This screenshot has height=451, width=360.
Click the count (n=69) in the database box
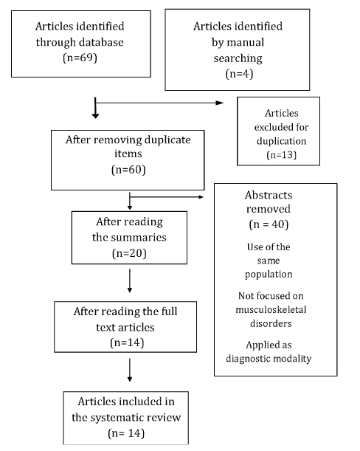(x=80, y=58)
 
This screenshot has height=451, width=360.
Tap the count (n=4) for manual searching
(x=239, y=74)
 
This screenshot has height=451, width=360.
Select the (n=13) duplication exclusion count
(x=281, y=155)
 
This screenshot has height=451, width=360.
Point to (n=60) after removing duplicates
(x=128, y=170)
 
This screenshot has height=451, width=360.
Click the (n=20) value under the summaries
(x=129, y=253)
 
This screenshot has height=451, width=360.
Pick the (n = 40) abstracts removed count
(x=269, y=224)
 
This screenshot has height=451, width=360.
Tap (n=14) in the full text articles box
(x=127, y=342)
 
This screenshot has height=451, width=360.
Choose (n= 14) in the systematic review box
(x=126, y=433)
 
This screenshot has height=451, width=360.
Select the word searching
(x=238, y=58)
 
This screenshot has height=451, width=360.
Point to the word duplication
(x=281, y=141)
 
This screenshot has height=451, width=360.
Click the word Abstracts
(x=269, y=195)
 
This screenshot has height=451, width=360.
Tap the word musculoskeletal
(x=271, y=309)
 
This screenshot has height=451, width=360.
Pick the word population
(x=269, y=275)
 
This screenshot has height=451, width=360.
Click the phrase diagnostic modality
(x=269, y=359)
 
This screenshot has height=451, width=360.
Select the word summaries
(x=142, y=238)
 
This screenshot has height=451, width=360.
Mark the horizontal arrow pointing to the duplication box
(x=159, y=103)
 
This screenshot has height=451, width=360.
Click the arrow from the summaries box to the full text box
(x=130, y=280)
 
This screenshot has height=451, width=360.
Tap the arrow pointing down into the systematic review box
(x=130, y=371)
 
